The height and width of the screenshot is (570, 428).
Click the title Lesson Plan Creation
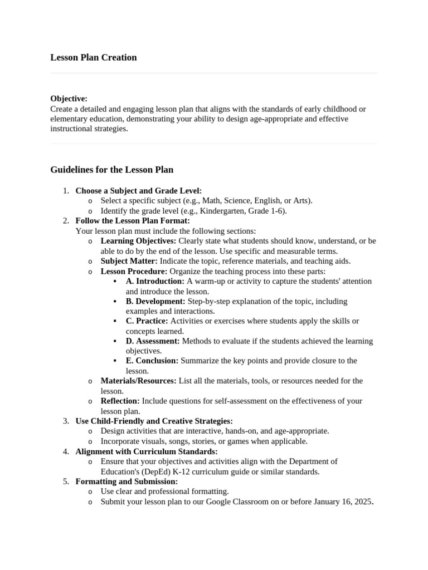tap(93, 57)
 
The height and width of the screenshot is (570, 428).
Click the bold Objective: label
tap(69, 99)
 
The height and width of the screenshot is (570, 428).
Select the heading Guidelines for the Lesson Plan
tap(111, 169)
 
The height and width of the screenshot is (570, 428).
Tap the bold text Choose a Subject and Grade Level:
tap(138, 191)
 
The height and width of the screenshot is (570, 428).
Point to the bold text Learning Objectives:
tap(138, 241)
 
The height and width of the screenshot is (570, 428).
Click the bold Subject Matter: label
tap(129, 261)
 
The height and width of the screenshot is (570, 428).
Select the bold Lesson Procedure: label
tap(134, 271)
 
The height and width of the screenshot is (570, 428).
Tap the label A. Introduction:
tap(155, 281)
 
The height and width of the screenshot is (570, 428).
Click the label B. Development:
tap(155, 301)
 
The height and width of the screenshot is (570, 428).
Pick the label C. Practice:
tap(147, 321)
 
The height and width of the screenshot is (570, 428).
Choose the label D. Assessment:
tap(153, 341)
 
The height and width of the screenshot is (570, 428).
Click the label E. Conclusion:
tap(152, 361)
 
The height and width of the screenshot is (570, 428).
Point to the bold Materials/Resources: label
tap(138, 381)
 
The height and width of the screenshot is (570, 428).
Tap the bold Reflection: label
tap(120, 401)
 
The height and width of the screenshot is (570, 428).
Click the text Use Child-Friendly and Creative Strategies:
tap(154, 421)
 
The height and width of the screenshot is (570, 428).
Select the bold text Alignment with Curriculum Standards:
tap(147, 451)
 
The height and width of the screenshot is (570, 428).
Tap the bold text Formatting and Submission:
tap(127, 481)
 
